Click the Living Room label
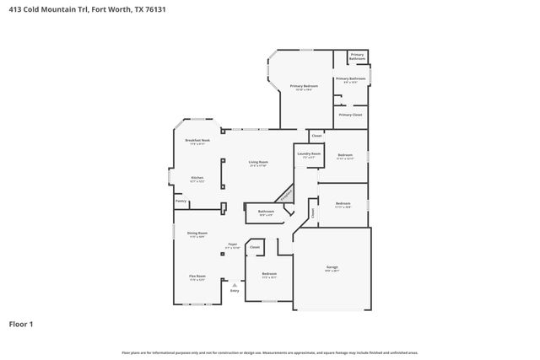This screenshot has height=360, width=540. pos(258,162)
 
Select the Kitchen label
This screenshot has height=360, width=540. pos(197,178)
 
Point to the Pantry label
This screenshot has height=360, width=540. pos(181,201)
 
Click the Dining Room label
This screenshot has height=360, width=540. pos(197,233)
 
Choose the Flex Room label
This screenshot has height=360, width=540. pos(197,276)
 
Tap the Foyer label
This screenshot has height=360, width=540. pos(232,244)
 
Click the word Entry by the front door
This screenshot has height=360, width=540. pos(235,291)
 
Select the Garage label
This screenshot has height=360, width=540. pos(332,267)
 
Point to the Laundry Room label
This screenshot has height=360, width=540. pos(309,154)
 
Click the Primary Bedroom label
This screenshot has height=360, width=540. pos(304,86)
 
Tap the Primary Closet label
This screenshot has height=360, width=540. pos(350,114)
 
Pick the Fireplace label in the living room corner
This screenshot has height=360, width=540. pos(286,195)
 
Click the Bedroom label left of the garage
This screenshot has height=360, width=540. pos(269,273)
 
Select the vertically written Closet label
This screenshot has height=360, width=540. pos(312,213)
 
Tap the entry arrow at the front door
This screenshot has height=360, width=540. pos(235,285)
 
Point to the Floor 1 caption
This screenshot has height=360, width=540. pos(22,323)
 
